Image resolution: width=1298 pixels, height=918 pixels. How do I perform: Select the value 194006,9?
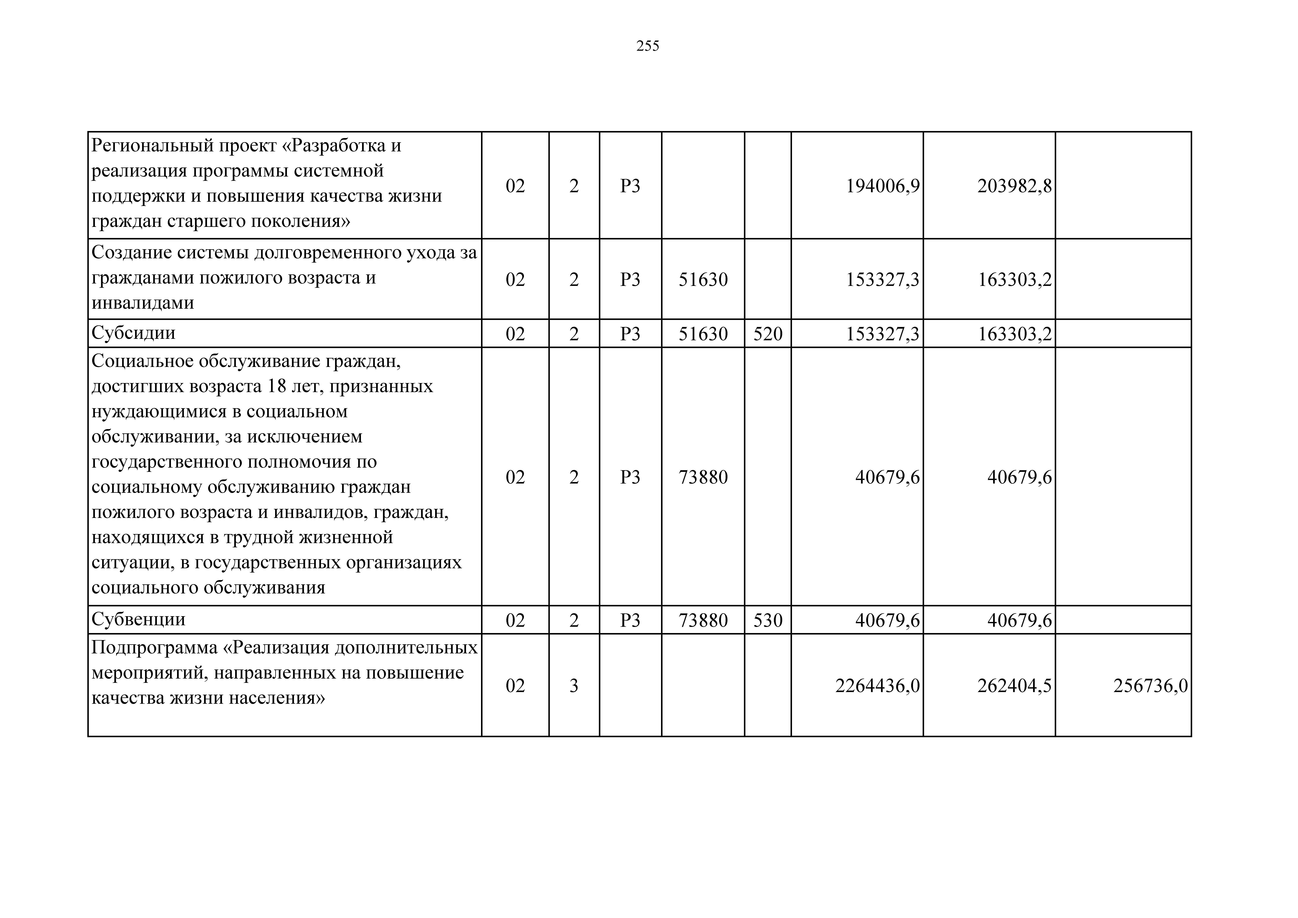pyautogui.click(x=882, y=186)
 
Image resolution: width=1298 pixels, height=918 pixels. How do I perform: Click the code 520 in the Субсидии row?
pyautogui.click(x=768, y=334)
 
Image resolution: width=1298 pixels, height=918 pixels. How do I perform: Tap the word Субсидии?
pyautogui.click(x=133, y=333)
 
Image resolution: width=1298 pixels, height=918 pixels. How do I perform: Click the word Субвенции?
pyautogui.click(x=139, y=619)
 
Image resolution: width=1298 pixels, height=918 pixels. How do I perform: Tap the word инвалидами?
pyautogui.click(x=142, y=303)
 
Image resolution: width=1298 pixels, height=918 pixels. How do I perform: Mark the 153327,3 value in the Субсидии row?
pyautogui.click(x=882, y=334)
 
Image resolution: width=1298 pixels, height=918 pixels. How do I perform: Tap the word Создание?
pyautogui.click(x=131, y=253)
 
